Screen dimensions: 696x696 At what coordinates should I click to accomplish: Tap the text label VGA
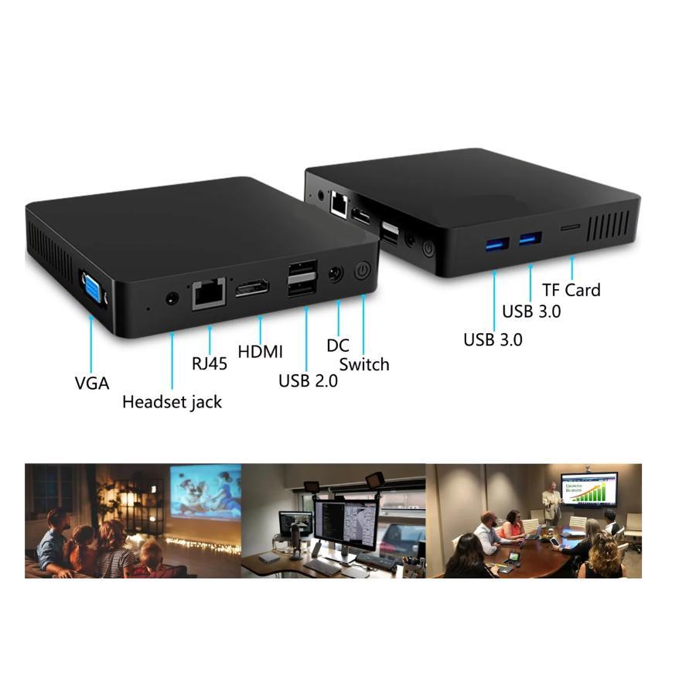pyautogui.click(x=92, y=383)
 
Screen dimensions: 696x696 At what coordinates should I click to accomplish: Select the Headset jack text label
pyautogui.click(x=172, y=402)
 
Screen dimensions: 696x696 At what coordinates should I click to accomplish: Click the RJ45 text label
pyautogui.click(x=209, y=363)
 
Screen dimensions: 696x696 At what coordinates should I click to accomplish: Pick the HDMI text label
pyautogui.click(x=260, y=352)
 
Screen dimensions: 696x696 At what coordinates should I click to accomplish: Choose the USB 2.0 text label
pyautogui.click(x=308, y=380)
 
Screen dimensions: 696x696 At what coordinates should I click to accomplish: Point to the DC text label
pyautogui.click(x=337, y=346)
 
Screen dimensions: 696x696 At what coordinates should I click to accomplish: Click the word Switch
pyautogui.click(x=364, y=364)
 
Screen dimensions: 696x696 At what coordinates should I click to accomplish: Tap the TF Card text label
pyautogui.click(x=571, y=290)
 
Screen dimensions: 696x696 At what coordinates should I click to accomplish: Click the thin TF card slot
pyautogui.click(x=570, y=227)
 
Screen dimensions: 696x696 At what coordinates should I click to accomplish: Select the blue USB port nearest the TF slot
pyautogui.click(x=531, y=239)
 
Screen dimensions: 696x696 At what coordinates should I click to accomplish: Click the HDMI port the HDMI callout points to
pyautogui.click(x=252, y=288)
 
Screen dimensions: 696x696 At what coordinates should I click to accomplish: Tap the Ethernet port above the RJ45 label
pyautogui.click(x=209, y=293)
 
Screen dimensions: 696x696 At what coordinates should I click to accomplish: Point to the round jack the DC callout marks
pyautogui.click(x=336, y=274)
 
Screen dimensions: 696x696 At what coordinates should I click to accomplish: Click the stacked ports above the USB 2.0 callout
pyautogui.click(x=302, y=278)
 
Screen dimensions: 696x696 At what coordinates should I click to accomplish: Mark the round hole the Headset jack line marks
pyautogui.click(x=172, y=299)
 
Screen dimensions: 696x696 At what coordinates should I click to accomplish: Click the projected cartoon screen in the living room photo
pyautogui.click(x=206, y=491)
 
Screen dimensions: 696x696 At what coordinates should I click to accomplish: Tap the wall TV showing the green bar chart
pyautogui.click(x=589, y=490)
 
